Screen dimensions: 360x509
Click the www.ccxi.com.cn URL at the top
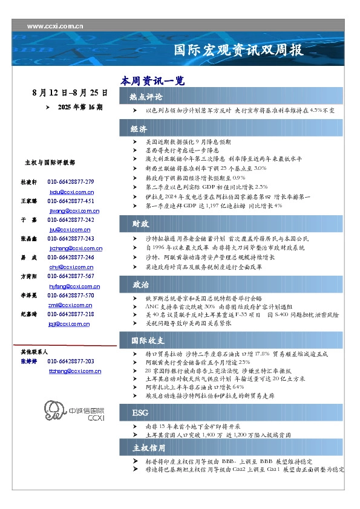pos(56,26)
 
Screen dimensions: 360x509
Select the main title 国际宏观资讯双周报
pos(238,50)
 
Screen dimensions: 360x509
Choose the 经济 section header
pos(139,129)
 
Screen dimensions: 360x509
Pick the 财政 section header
pos(140,224)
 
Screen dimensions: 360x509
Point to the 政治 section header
pos(140,284)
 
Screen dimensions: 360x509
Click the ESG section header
pos(140,412)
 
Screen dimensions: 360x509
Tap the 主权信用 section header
pos(148,448)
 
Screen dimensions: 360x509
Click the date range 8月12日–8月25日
pos(70,94)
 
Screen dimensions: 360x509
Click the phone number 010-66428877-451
pos(71,201)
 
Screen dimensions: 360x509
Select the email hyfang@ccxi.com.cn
pos(71,285)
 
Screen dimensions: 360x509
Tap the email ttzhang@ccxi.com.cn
pos(71,370)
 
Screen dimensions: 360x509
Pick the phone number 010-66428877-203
pos(71,361)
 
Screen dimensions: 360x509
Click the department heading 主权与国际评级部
pos(50,163)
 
